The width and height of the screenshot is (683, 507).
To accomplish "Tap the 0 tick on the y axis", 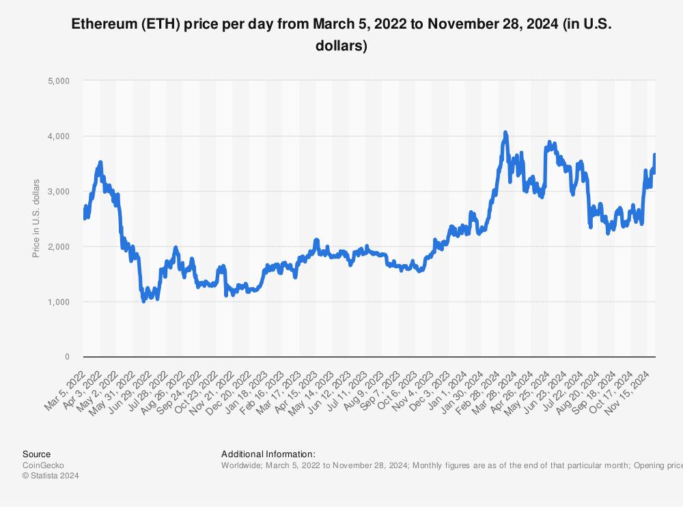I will [67, 357].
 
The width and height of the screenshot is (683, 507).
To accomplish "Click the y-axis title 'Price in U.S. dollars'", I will [36, 218].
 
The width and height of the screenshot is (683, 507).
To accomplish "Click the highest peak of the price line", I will [505, 132].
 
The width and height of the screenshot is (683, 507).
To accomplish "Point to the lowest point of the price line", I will [143, 301].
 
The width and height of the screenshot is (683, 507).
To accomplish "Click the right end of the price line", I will [655, 155].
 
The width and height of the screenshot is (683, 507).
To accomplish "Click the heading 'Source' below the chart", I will [36, 454].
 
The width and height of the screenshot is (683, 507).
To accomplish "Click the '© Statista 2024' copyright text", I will [51, 476].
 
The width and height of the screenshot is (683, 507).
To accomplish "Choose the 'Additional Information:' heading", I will [268, 454].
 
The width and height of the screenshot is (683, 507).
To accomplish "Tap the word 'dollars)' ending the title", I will [341, 46].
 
